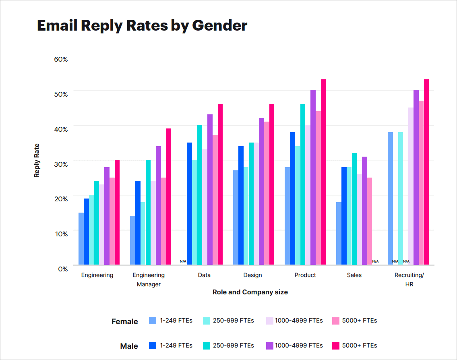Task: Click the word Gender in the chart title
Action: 219,25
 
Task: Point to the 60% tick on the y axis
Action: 61,59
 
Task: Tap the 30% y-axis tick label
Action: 61,163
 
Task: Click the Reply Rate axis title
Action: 37,160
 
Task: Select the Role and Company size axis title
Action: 250,292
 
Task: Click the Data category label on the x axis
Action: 204,275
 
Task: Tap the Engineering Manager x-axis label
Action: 149,279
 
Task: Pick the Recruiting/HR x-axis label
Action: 409,279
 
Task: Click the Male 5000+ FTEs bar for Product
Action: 323,172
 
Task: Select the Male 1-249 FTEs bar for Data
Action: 189,203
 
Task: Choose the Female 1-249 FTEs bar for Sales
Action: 339,233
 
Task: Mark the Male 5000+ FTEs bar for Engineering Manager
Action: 169,197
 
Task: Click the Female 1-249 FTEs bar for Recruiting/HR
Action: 390,198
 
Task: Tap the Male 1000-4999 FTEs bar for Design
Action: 261,191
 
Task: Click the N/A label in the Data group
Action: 183,261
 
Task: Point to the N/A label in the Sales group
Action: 375,261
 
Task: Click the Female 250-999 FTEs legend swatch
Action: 207,321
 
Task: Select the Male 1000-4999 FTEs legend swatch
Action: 270,346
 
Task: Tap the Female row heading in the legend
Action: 124,321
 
